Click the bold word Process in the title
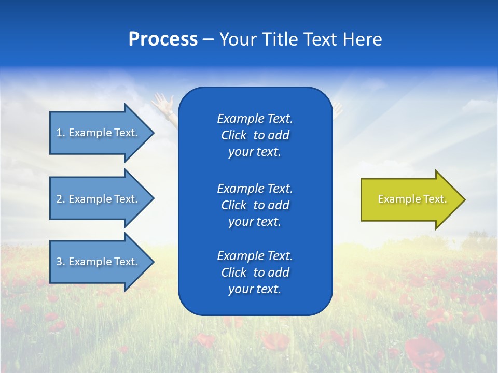click(x=163, y=39)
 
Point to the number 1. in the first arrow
click(x=61, y=133)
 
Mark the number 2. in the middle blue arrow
click(x=61, y=199)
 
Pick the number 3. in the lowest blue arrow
click(x=61, y=262)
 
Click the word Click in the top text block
click(x=234, y=136)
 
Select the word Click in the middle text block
click(x=234, y=206)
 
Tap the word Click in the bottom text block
click(x=234, y=273)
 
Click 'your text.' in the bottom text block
click(x=255, y=290)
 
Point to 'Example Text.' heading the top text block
click(x=255, y=119)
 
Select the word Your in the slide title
click(x=238, y=39)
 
